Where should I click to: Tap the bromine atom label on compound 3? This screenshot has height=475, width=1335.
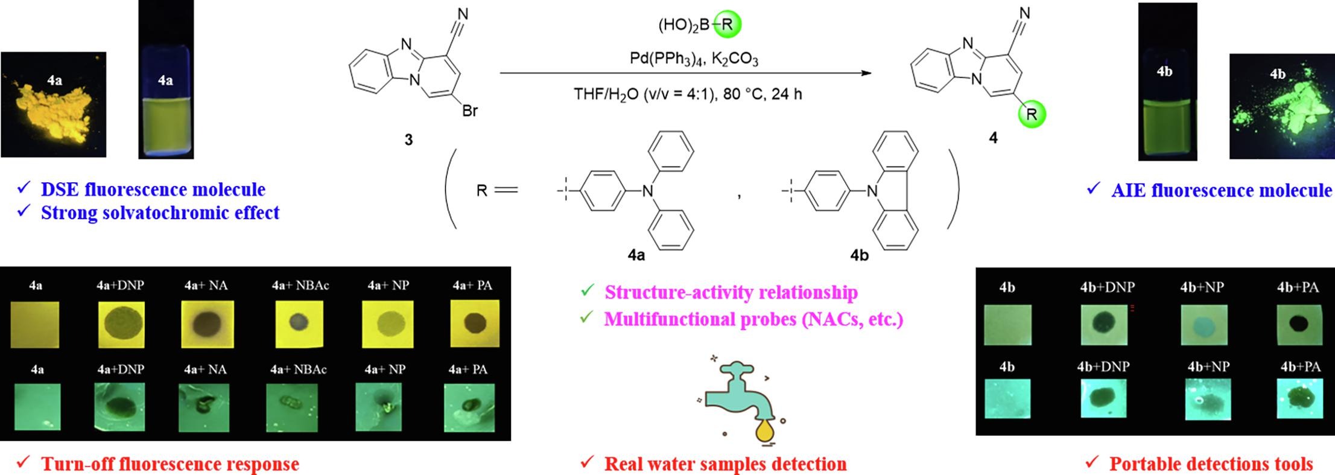pos(469,110)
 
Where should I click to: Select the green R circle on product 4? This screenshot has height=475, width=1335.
pos(1032,114)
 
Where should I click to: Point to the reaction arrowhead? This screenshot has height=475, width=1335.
pos(866,73)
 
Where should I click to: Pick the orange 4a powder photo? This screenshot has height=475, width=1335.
pos(54,104)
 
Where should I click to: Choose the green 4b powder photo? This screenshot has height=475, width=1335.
pos(1281,106)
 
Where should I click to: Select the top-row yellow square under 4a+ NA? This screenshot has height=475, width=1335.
pos(207,325)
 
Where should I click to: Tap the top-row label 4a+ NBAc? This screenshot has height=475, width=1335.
pos(300,285)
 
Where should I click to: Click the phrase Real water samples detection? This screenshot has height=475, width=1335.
pos(725,464)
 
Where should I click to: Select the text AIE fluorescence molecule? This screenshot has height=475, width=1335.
pos(1221,191)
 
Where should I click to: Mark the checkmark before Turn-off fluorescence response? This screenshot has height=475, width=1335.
pos(24,463)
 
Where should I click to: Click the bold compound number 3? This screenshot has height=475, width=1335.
pos(408,140)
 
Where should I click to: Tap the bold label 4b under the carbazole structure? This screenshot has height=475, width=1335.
pos(859,255)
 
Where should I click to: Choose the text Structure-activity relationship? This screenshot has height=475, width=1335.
pos(731,293)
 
